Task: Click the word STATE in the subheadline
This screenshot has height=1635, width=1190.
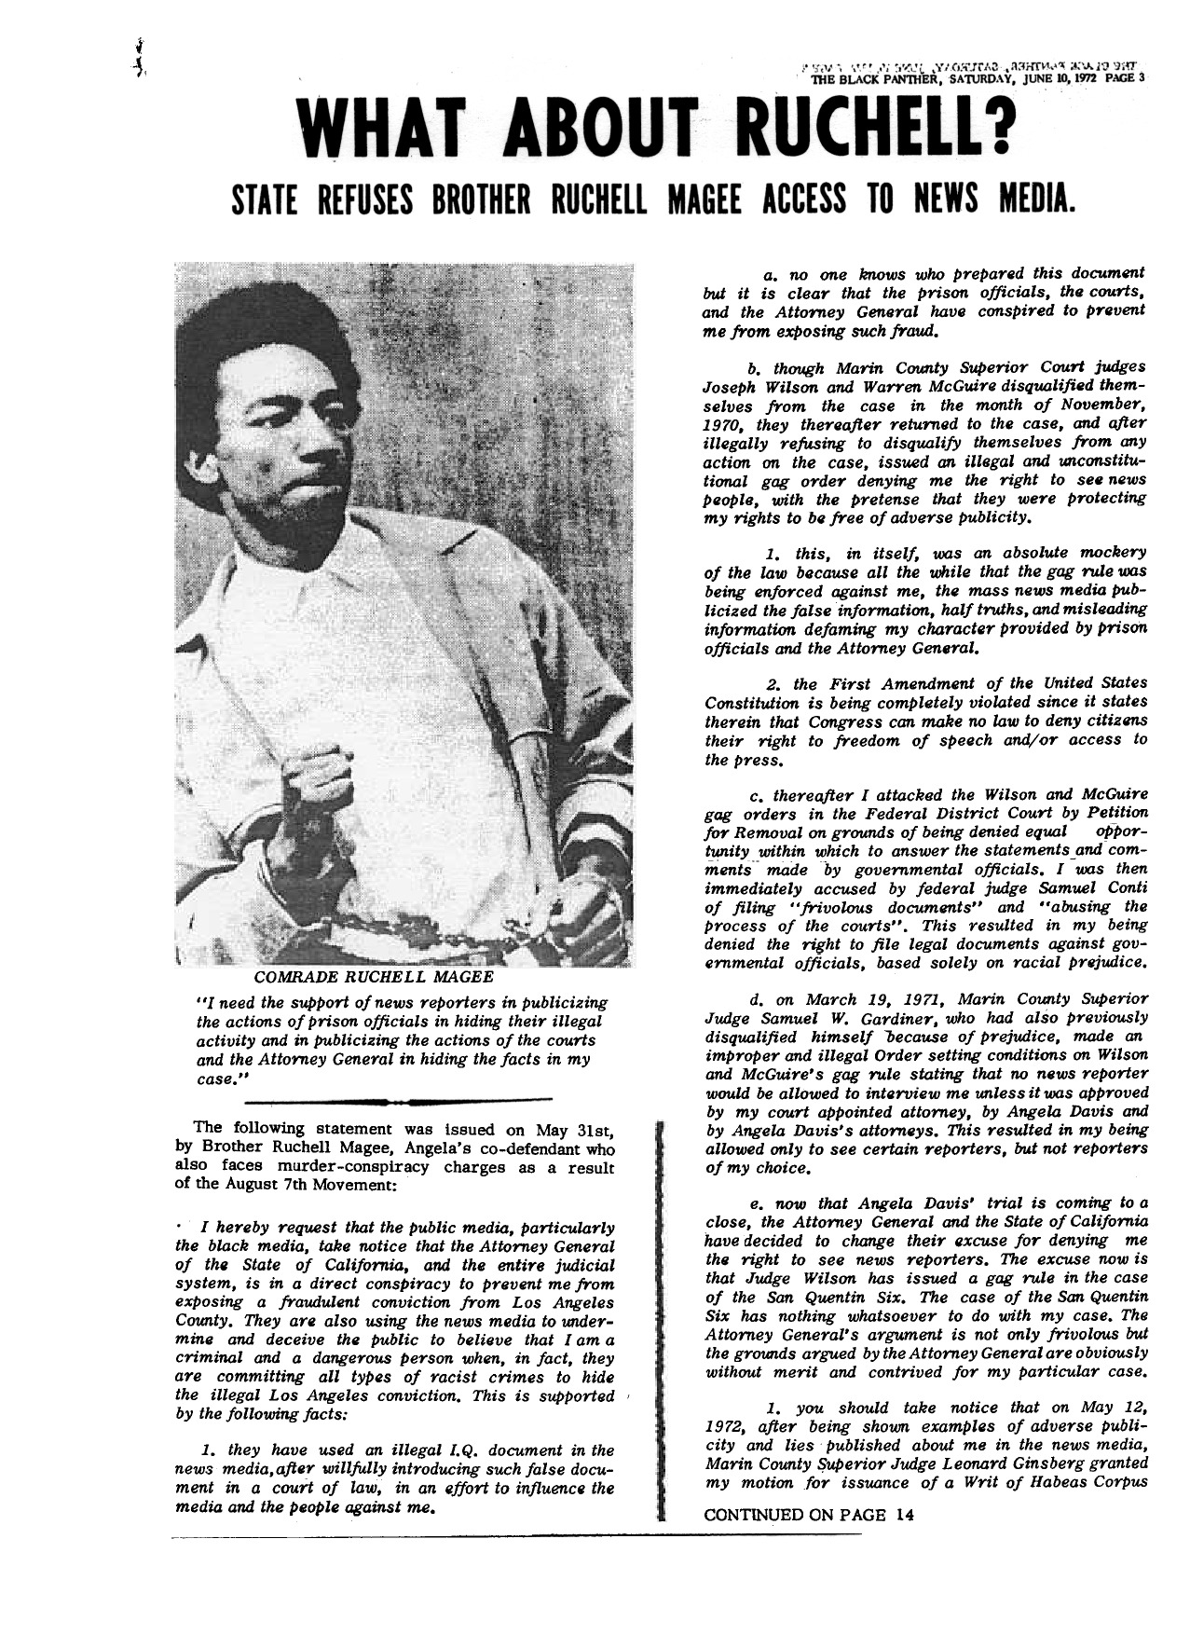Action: [x=266, y=196]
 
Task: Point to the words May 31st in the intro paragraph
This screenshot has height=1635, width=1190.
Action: [x=573, y=1131]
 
